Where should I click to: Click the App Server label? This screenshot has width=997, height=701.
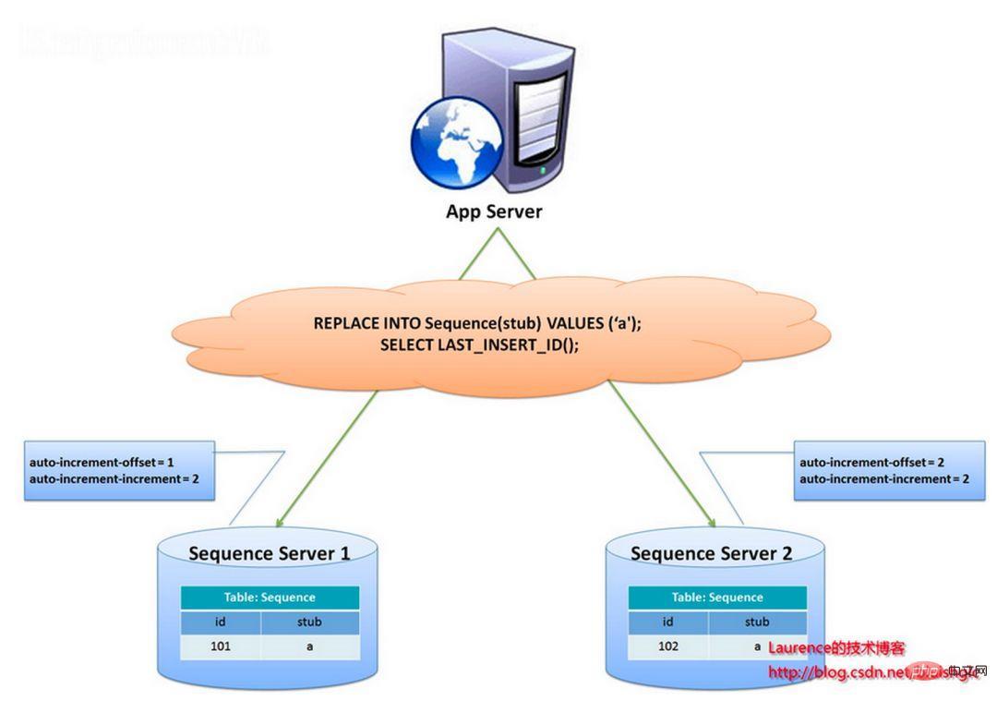[494, 212]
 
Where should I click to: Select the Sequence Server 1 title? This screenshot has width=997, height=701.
[269, 554]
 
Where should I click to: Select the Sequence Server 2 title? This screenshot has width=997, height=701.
[711, 553]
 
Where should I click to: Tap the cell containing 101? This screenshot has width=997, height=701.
[221, 647]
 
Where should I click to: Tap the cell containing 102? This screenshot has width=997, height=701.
[668, 647]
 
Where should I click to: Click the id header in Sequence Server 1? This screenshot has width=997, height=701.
[221, 622]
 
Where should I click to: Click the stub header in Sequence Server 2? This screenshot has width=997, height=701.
[757, 622]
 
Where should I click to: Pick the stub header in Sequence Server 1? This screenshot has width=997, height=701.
[309, 622]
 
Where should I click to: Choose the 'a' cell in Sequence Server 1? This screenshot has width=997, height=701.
[309, 647]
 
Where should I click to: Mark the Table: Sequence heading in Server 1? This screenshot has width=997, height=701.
[270, 598]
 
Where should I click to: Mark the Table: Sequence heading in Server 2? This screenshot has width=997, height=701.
[717, 598]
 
